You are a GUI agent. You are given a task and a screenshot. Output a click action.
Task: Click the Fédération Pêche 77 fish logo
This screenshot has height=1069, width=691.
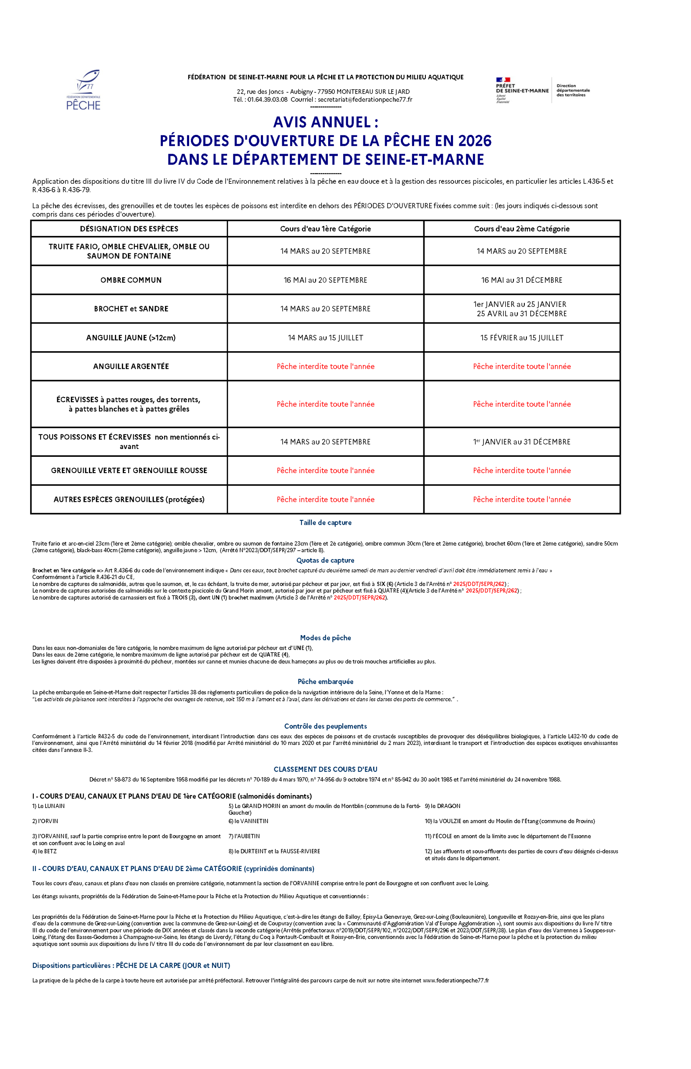[x=84, y=90]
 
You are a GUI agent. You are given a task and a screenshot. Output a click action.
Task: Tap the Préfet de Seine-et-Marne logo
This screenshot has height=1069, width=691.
[x=522, y=90]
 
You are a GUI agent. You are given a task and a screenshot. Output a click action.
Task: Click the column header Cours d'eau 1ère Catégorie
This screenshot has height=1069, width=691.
[x=325, y=229]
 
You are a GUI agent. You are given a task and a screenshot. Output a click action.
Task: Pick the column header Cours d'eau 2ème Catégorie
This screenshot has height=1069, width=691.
[x=521, y=229]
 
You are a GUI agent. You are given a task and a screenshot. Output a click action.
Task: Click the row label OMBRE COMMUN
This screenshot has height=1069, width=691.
[x=131, y=280]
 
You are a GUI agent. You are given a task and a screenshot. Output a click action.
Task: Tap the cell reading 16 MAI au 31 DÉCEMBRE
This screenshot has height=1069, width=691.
[x=521, y=280]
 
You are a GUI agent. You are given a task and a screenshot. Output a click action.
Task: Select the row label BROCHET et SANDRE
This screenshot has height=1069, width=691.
[x=131, y=309]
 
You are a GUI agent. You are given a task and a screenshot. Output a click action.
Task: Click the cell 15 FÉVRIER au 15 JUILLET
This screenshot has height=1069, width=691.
[x=521, y=337]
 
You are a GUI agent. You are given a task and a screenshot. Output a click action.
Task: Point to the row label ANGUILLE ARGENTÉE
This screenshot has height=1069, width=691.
[x=131, y=366]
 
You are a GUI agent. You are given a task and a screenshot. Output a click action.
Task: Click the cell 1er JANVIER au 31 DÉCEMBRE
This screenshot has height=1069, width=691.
[x=521, y=442]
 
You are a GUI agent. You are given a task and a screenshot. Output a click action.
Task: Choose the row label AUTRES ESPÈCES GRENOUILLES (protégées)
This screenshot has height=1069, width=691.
[x=129, y=499]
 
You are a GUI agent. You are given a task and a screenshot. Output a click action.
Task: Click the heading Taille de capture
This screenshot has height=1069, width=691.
[x=325, y=522]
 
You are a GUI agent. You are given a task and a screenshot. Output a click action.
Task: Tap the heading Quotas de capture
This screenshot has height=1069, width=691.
[x=325, y=560]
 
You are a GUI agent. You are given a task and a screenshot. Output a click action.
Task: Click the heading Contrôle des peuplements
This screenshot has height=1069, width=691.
[x=325, y=726]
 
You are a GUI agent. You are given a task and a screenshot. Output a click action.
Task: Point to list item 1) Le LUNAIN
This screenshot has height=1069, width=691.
[x=48, y=806]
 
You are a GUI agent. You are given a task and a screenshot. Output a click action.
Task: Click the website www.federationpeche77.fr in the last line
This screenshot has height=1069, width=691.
[x=456, y=980]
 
